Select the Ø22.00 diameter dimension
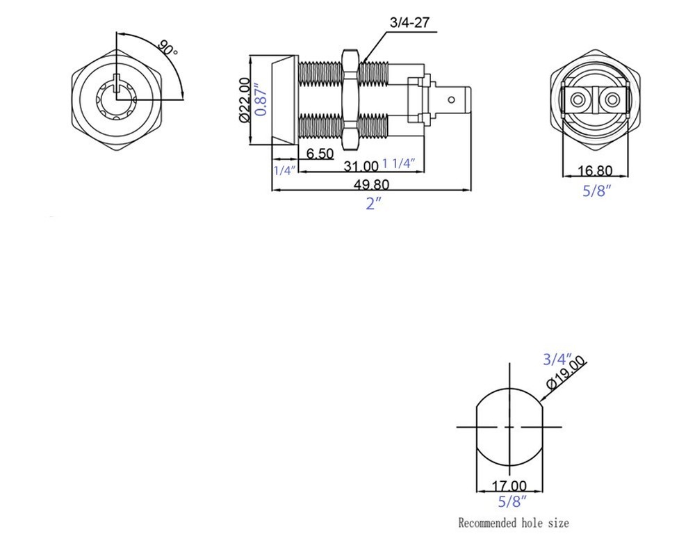(x=244, y=101)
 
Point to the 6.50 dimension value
(x=320, y=154)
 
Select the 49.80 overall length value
(x=372, y=184)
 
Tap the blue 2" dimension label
(x=374, y=204)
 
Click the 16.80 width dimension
(x=595, y=170)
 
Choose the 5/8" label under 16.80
(x=596, y=190)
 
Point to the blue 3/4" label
(x=557, y=359)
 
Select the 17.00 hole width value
(x=509, y=485)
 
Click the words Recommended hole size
(x=513, y=522)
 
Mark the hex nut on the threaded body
(x=350, y=98)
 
